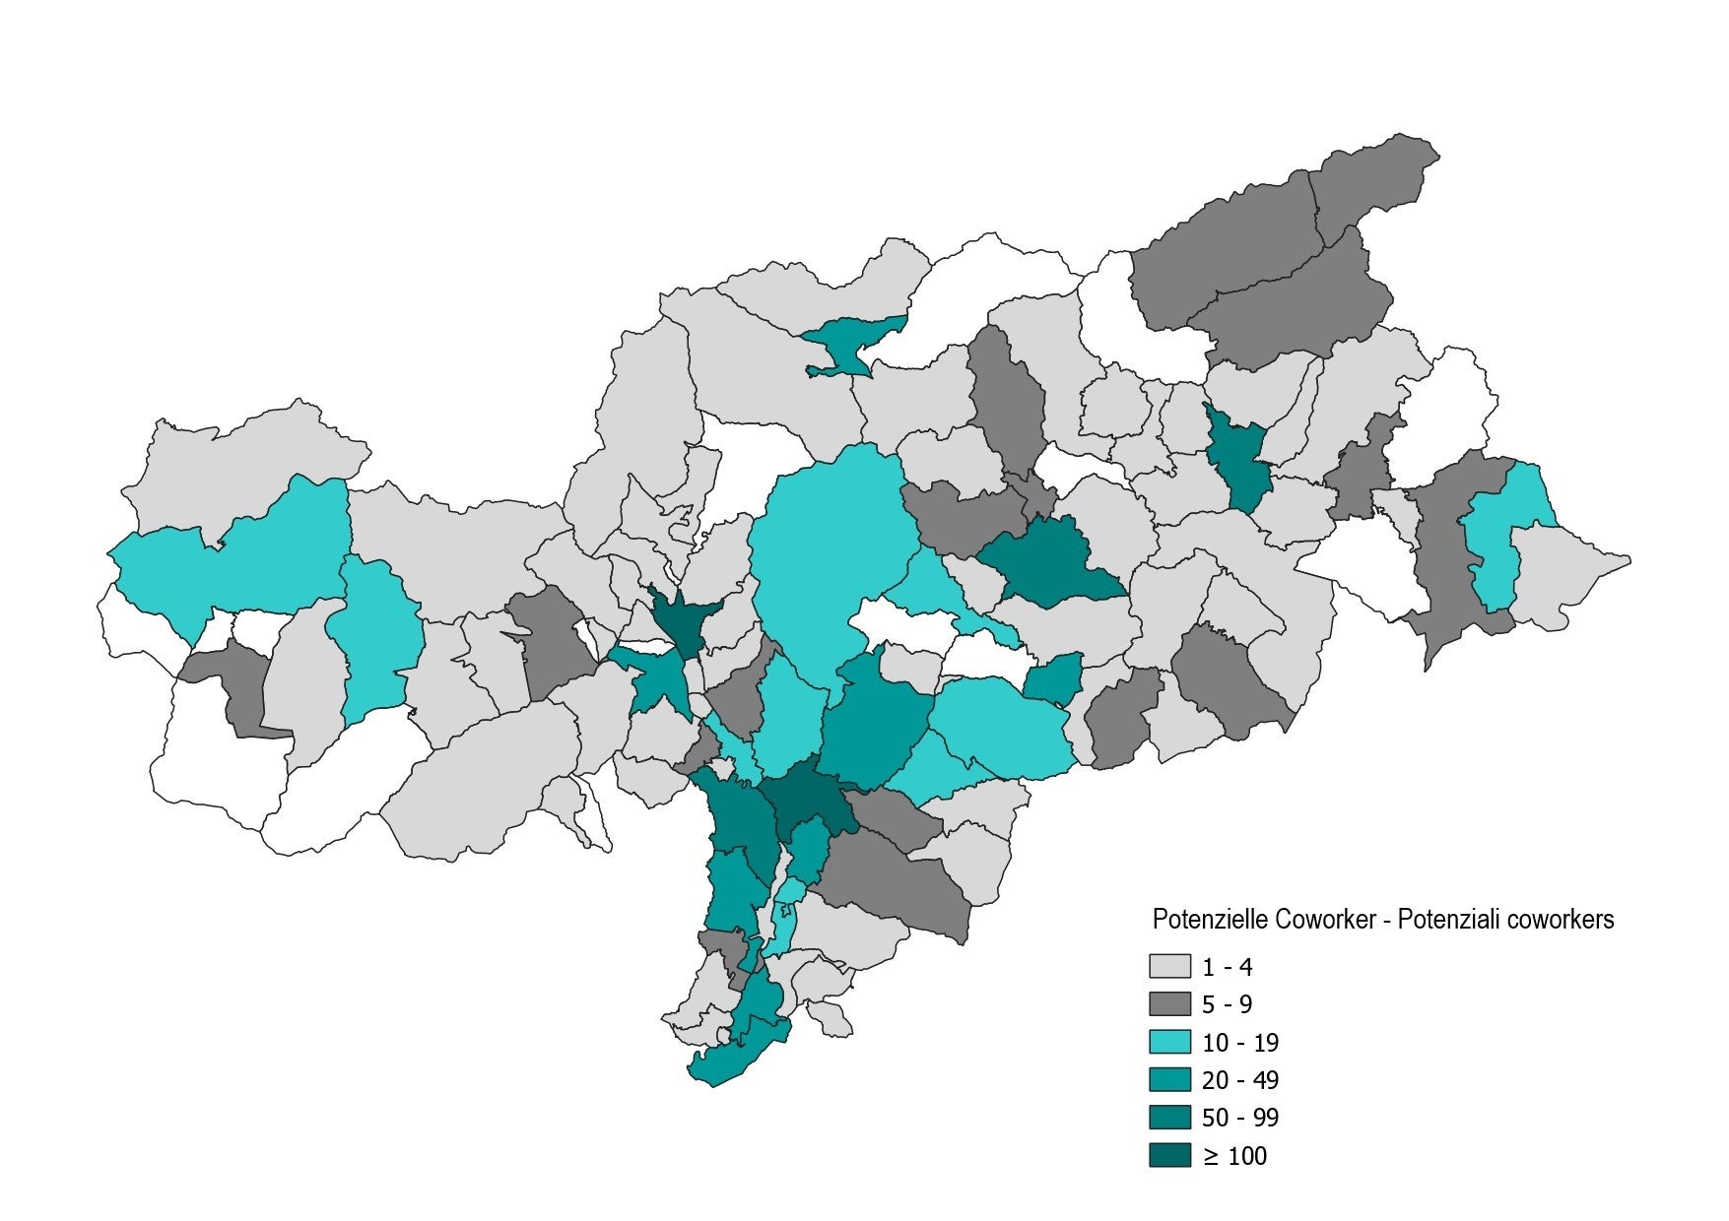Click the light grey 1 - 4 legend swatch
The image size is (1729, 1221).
[1169, 966]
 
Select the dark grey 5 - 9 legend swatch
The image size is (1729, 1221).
[1169, 1003]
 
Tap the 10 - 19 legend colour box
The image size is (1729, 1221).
[1169, 1042]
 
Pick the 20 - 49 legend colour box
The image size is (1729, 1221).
[1169, 1079]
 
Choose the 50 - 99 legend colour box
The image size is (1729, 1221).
[1169, 1118]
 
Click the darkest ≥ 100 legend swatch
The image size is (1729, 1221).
[1169, 1155]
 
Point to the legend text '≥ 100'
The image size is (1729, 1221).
[1234, 1156]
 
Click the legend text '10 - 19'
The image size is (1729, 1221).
[1239, 1043]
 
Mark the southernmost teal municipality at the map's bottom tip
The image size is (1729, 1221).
[734, 1061]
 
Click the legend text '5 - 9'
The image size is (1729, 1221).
[1227, 1004]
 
